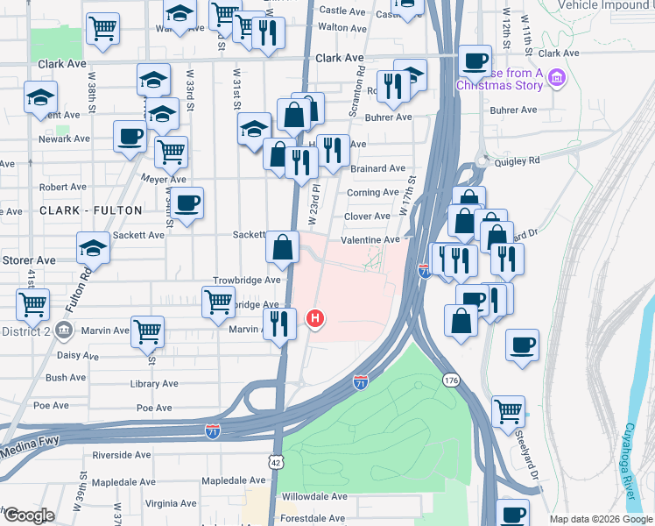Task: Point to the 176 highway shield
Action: pos(451,380)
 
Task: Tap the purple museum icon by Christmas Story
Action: pos(555,80)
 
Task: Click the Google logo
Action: pos(28,515)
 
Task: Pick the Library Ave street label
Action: pos(155,384)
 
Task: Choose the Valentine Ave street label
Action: pos(371,239)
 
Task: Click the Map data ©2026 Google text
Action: pos(600,519)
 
